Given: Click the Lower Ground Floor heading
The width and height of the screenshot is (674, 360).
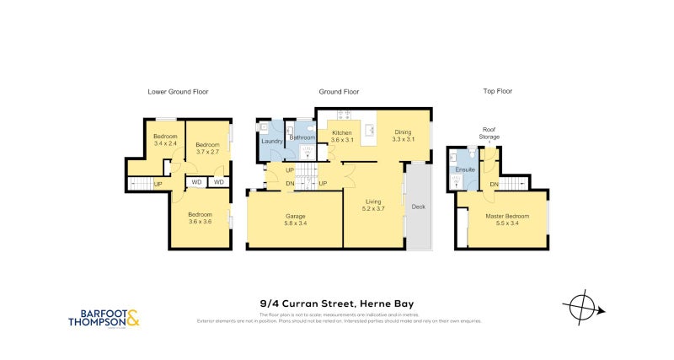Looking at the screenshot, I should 178,91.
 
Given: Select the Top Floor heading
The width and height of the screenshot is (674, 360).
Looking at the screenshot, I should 497,91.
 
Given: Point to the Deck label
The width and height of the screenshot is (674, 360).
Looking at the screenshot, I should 418,207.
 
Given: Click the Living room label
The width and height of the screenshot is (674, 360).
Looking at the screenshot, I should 374,201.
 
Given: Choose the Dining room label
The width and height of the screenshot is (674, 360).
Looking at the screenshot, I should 404,132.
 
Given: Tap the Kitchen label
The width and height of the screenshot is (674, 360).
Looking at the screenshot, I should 341,133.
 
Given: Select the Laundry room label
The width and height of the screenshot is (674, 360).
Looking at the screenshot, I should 271,141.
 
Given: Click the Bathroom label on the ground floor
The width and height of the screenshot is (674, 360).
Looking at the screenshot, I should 302,137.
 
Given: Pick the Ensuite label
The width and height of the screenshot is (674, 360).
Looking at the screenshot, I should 466,170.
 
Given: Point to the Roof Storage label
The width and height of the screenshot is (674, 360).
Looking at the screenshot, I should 489,132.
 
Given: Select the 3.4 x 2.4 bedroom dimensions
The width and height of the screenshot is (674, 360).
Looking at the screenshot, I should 165,144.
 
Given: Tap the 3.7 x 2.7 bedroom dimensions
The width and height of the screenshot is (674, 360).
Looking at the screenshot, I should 207,152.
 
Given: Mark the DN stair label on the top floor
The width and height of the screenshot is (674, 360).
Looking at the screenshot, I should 495,184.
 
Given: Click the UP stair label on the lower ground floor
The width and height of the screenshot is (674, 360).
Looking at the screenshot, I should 158,184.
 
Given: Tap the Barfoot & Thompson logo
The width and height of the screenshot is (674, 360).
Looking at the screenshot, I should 104,318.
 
